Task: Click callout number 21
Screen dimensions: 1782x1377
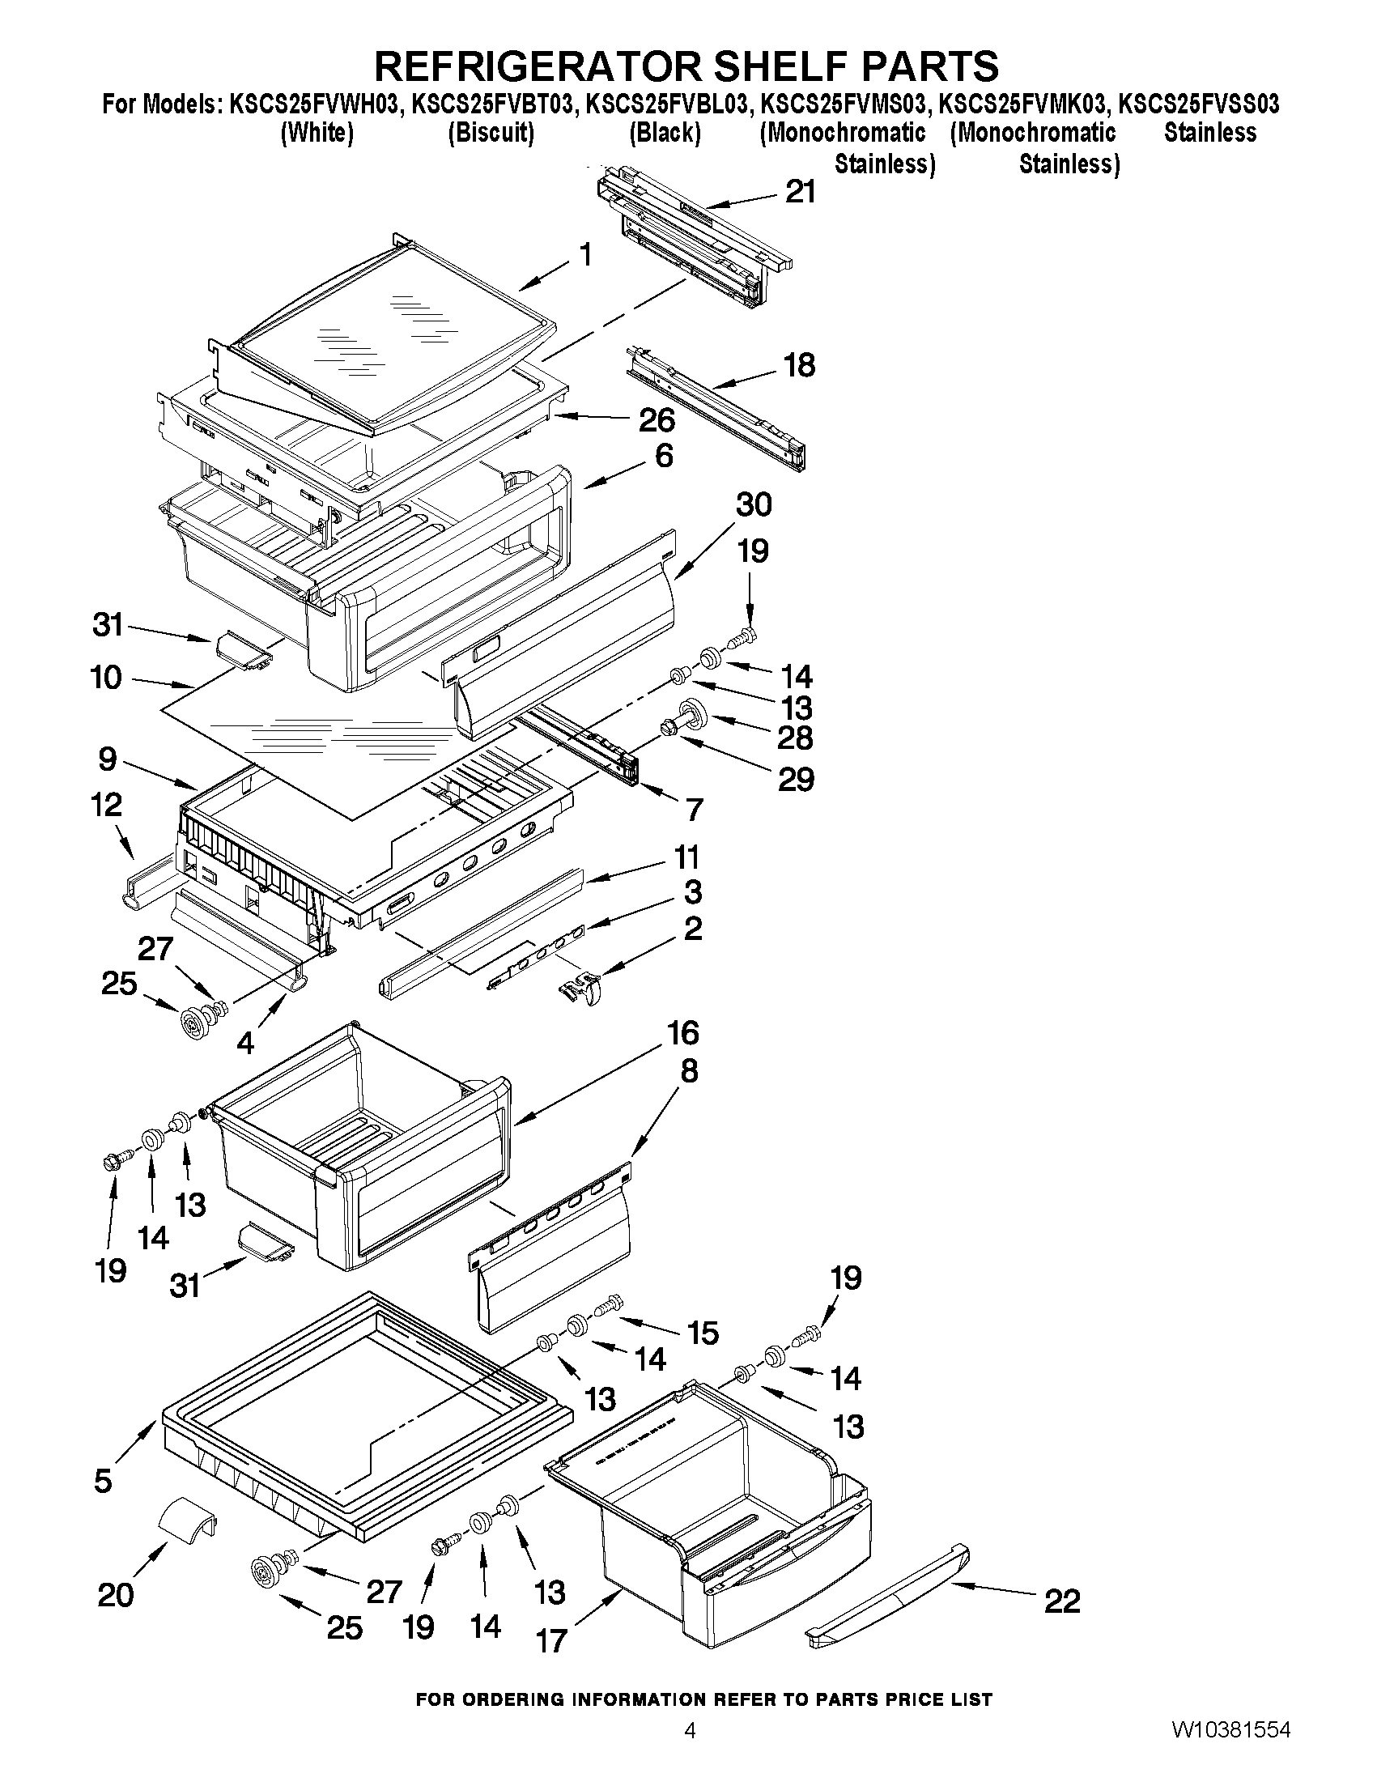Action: (800, 192)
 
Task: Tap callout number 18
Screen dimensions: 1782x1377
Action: (799, 365)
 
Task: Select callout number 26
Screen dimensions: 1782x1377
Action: (657, 420)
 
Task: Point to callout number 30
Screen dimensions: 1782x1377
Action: (753, 505)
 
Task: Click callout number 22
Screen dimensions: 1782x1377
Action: (1062, 1601)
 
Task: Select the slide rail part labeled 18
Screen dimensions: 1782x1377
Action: (715, 412)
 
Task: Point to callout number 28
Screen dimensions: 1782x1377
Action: (795, 738)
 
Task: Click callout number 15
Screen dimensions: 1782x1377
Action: (702, 1333)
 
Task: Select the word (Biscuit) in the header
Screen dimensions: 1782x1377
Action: (491, 133)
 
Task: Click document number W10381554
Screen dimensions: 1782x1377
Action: (1232, 1751)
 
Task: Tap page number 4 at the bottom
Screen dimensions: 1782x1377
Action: (690, 1752)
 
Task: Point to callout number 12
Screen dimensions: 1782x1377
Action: (106, 806)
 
